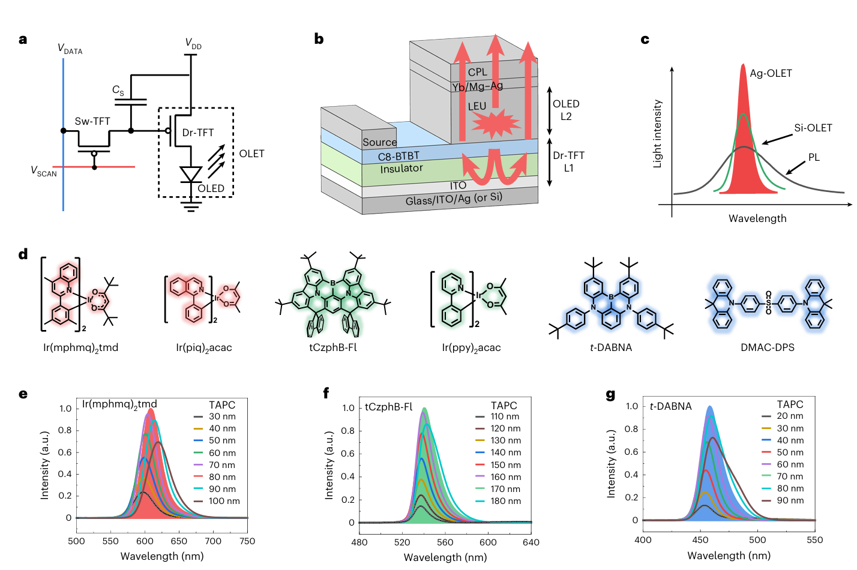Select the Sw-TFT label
[x=92, y=121]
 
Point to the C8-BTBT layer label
[x=398, y=156]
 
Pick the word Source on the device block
[x=379, y=142]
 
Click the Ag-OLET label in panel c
[x=771, y=73]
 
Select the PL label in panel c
[x=814, y=157]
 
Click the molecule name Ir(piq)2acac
[x=204, y=348]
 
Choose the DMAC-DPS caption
[x=768, y=347]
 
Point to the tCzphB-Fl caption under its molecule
[x=333, y=347]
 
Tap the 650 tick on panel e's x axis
[x=179, y=541]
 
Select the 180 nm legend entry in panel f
[x=505, y=501]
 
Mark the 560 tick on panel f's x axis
[x=445, y=542]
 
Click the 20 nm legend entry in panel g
[x=790, y=416]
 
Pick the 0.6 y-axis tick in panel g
[x=631, y=452]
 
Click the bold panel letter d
[x=23, y=254]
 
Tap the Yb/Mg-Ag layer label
[x=478, y=86]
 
